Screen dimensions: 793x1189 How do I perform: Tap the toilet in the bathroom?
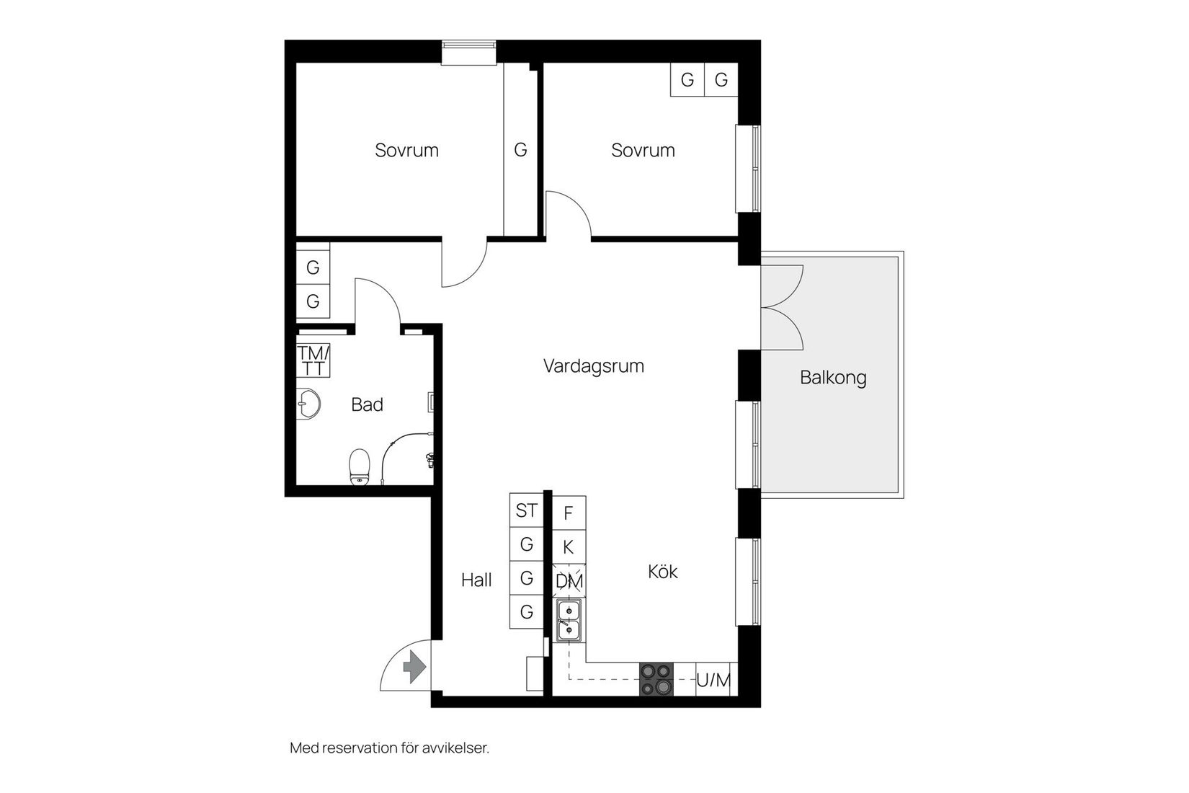[x=359, y=467]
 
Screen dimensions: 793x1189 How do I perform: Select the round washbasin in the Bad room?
[x=308, y=404]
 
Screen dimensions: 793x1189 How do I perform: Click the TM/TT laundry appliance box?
[x=313, y=360]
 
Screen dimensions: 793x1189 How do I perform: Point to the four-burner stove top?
[x=656, y=679]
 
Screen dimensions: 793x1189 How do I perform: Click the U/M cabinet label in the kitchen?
[x=713, y=680]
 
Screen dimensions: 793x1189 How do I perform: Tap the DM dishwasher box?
[x=569, y=581]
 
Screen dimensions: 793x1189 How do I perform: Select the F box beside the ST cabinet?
[x=569, y=513]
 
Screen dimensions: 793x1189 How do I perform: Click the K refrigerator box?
[x=569, y=547]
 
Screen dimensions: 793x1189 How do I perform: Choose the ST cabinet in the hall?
[x=526, y=510]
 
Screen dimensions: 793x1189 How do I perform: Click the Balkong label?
[x=833, y=378]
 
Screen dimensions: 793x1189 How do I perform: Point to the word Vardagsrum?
[x=593, y=366]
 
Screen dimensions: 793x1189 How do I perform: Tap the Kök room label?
[x=662, y=572]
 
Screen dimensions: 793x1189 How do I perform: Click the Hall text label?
[x=476, y=580]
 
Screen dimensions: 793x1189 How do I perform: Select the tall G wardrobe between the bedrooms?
[x=520, y=150]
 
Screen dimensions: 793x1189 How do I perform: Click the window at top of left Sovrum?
[x=469, y=53]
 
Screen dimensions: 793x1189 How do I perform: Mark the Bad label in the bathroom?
[x=367, y=405]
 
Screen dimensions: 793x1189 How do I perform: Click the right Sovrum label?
[x=643, y=151]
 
